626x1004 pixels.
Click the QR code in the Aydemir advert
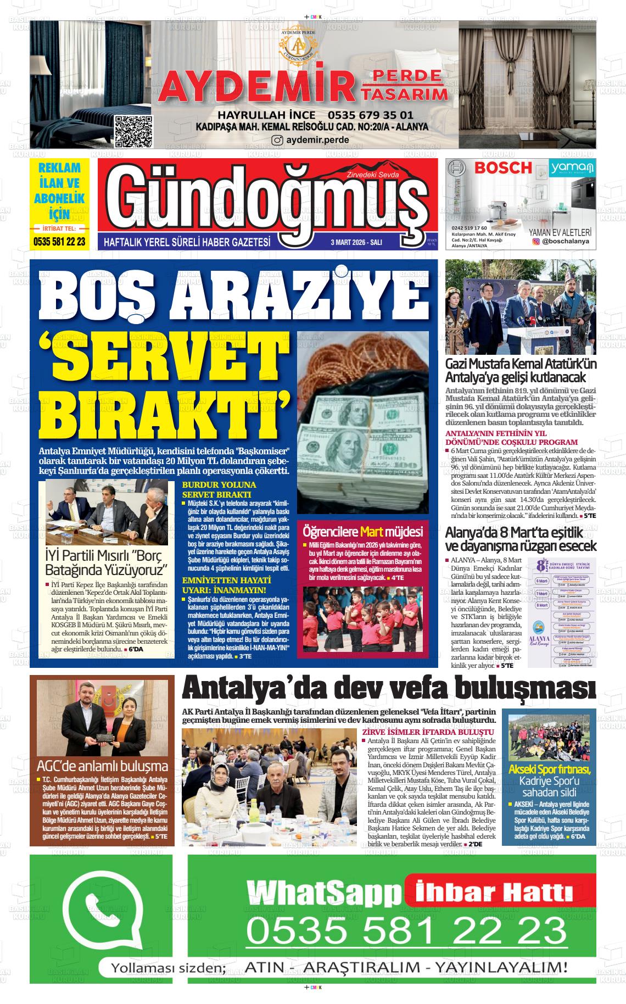click(133, 131)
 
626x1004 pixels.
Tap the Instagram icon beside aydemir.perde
click(278, 140)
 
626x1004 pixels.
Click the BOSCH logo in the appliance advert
click(503, 168)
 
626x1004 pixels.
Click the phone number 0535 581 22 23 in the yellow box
click(59, 241)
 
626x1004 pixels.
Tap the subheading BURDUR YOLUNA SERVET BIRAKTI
click(219, 489)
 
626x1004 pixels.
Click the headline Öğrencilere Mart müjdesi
click(362, 532)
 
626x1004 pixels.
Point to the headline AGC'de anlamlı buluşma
click(102, 766)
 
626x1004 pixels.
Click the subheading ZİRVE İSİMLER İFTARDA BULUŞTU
click(428, 732)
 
